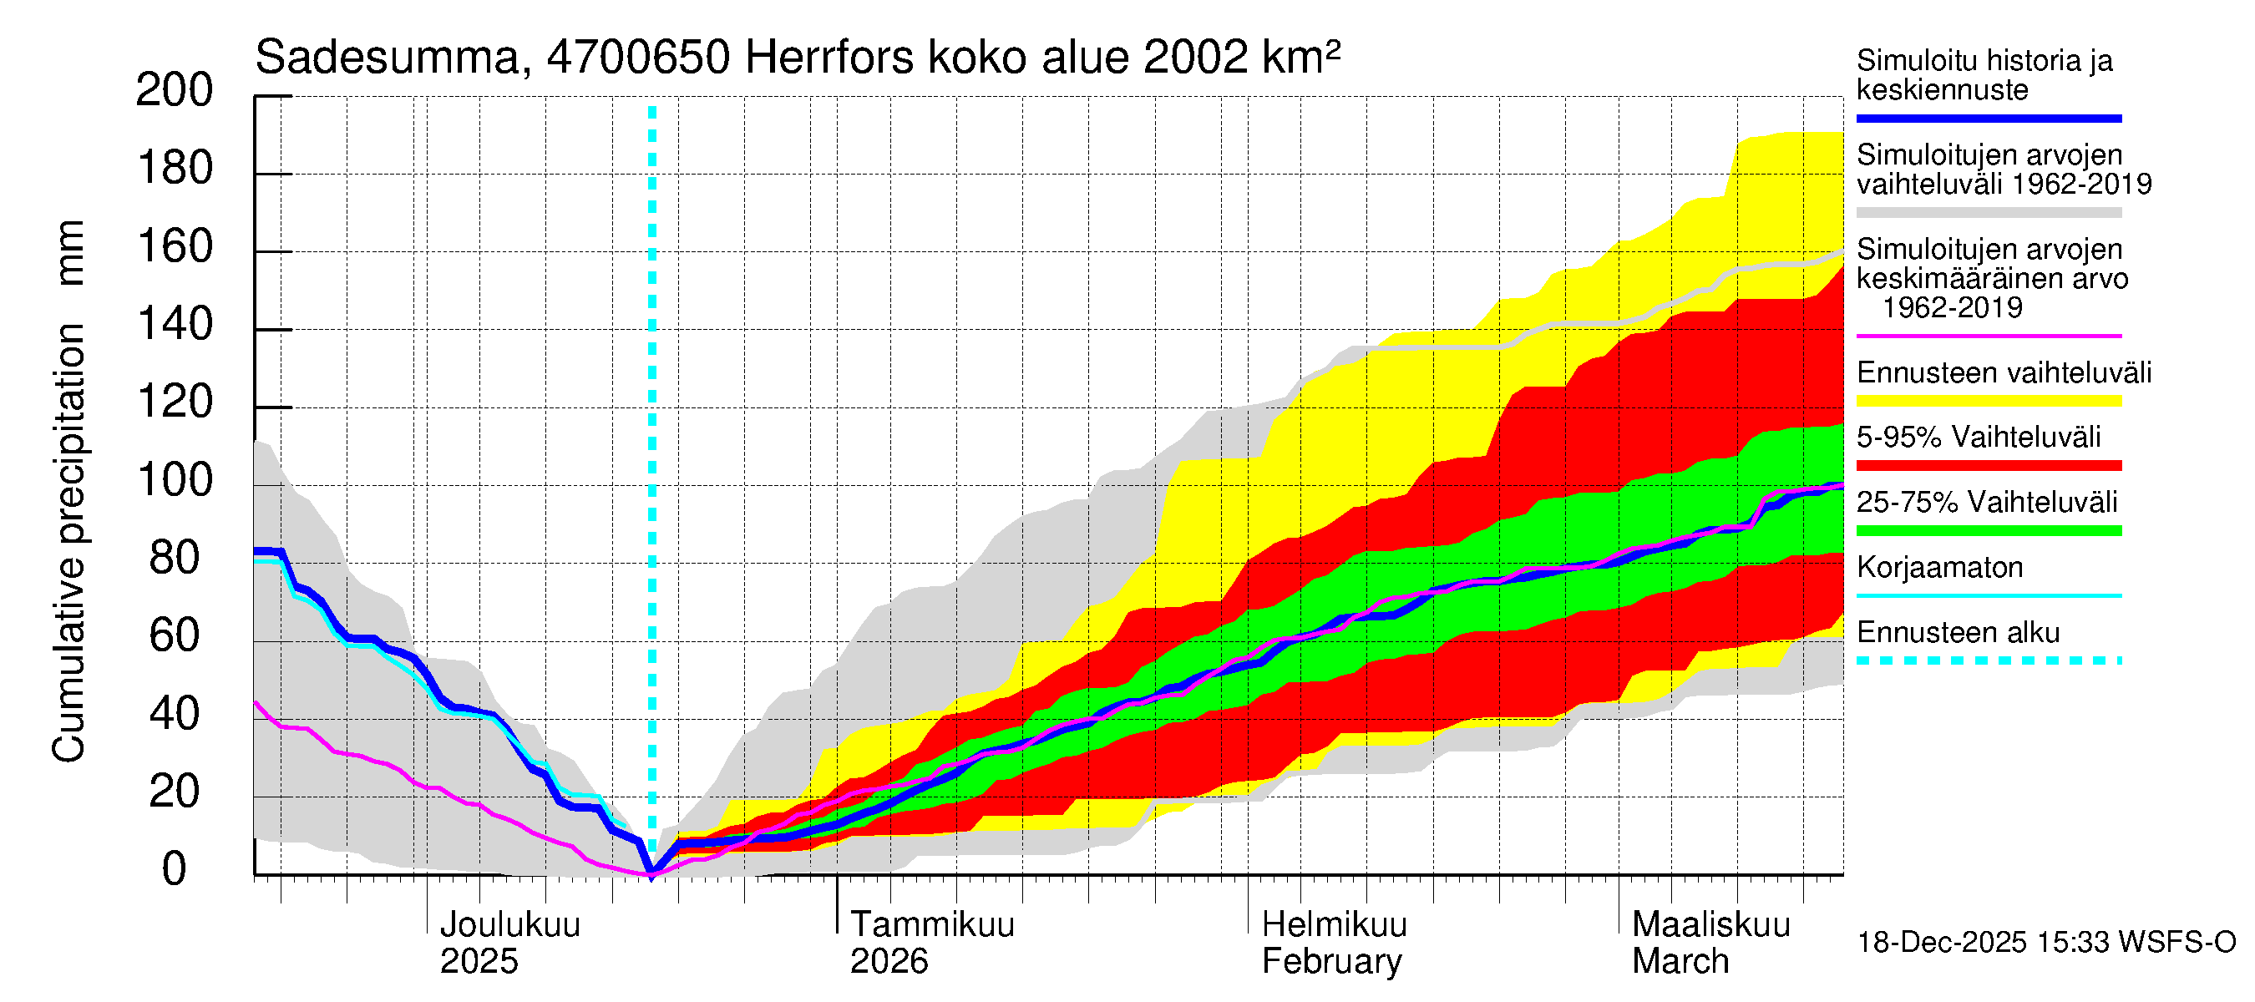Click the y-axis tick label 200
coord(175,90)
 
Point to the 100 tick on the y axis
coord(175,480)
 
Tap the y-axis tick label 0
coord(175,869)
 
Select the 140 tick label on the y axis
coord(175,325)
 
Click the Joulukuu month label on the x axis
coord(509,925)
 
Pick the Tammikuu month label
coord(932,925)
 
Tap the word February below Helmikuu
coord(1331,962)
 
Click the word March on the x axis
coord(1680,962)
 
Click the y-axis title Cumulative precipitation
coord(68,543)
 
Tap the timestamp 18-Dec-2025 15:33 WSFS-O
coord(2045,943)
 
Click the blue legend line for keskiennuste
coord(1988,118)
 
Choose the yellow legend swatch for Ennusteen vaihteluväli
coord(1988,401)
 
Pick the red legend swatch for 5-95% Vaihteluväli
coord(1988,466)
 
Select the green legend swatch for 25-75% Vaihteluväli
coord(1988,530)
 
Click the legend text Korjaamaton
coord(1939,568)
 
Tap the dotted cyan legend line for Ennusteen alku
coord(1988,660)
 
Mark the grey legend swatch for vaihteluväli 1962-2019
coord(1988,213)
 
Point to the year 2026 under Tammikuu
coord(889,962)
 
